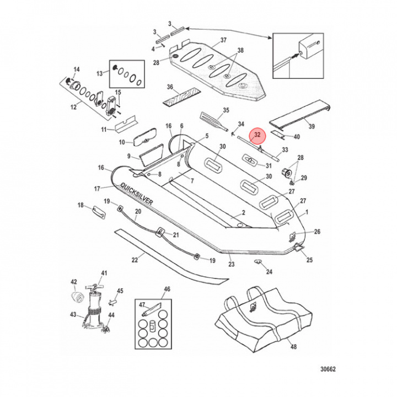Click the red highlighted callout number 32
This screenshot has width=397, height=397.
click(257, 135)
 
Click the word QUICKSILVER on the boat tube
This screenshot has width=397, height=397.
click(138, 194)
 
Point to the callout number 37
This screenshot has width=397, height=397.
click(208, 40)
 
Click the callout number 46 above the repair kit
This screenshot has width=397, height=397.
click(168, 289)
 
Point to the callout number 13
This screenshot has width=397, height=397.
click(100, 73)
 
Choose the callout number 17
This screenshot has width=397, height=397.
click(97, 189)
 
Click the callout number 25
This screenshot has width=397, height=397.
click(309, 260)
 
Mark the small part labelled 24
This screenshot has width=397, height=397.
click(257, 262)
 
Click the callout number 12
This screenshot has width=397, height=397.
click(73, 107)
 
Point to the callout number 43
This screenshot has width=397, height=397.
click(73, 315)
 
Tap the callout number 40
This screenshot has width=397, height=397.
click(296, 137)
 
